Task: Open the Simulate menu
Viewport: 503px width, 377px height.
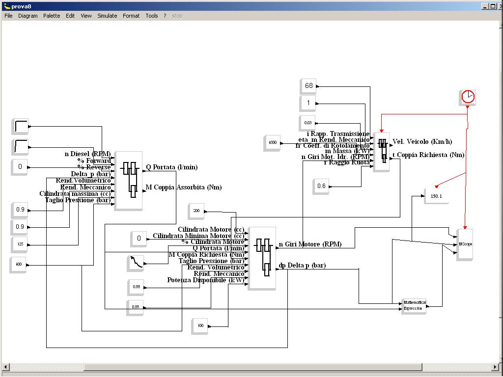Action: pyautogui.click(x=107, y=16)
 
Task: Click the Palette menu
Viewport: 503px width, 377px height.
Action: pyautogui.click(x=52, y=16)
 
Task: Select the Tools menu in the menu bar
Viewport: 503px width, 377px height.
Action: pyautogui.click(x=152, y=16)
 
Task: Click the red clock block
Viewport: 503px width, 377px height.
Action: pyautogui.click(x=468, y=97)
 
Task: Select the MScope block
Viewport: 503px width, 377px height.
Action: pyautogui.click(x=465, y=244)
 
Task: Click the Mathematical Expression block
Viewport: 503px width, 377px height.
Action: pyautogui.click(x=414, y=305)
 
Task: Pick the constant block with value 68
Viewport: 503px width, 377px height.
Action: pyautogui.click(x=308, y=86)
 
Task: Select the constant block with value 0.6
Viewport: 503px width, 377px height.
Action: pyautogui.click(x=321, y=186)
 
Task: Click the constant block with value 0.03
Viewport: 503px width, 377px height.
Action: pyautogui.click(x=308, y=122)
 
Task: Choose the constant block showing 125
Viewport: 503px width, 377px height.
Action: pyautogui.click(x=20, y=243)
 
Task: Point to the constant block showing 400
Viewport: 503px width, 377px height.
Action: pyautogui.click(x=18, y=264)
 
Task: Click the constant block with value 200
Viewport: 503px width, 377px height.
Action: pyautogui.click(x=196, y=211)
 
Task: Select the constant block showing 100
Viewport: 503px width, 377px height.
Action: pyautogui.click(x=200, y=325)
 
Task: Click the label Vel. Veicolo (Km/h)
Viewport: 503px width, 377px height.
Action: pyautogui.click(x=422, y=142)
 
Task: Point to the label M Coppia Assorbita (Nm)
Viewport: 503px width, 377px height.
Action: pyautogui.click(x=184, y=187)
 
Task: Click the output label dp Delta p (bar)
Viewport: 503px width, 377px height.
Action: pyautogui.click(x=302, y=266)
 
